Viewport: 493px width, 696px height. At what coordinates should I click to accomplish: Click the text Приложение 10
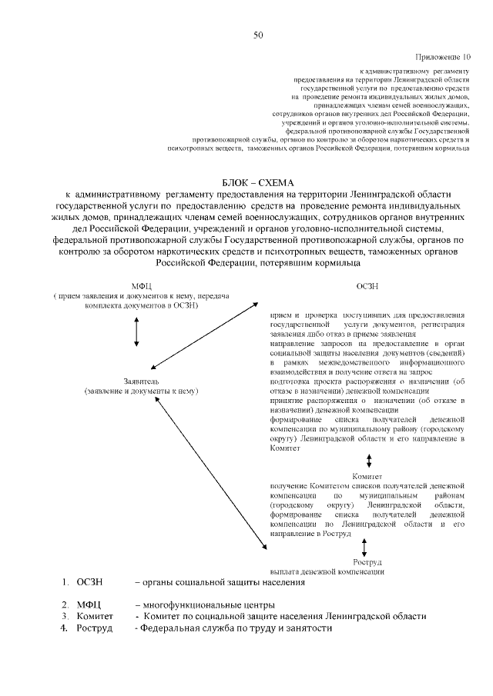click(442, 57)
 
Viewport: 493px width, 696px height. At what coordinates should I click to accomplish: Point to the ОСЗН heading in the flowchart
click(367, 285)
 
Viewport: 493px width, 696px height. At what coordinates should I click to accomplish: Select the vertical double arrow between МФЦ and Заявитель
click(136, 330)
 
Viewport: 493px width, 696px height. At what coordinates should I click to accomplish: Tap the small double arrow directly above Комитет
click(370, 460)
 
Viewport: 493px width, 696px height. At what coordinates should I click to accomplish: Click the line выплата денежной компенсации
click(327, 571)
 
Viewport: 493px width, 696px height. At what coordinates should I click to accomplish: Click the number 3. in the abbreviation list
click(66, 616)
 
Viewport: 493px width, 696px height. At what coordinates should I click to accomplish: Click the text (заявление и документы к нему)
click(141, 391)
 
